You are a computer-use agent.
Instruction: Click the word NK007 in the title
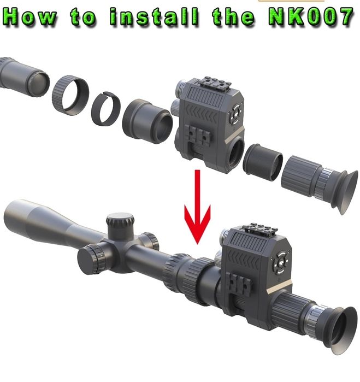point(311,17)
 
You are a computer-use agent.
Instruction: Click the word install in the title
point(154,17)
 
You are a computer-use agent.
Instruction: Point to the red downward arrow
point(197,207)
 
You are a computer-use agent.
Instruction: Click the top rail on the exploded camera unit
point(214,84)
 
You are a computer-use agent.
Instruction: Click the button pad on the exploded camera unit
point(235,114)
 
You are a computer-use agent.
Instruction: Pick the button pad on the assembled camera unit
point(281,263)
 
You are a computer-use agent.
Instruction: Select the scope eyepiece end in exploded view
point(25,75)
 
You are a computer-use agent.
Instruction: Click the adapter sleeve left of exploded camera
point(147,121)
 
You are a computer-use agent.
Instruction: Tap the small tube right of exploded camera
point(263,162)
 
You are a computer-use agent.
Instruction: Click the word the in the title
point(234,17)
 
